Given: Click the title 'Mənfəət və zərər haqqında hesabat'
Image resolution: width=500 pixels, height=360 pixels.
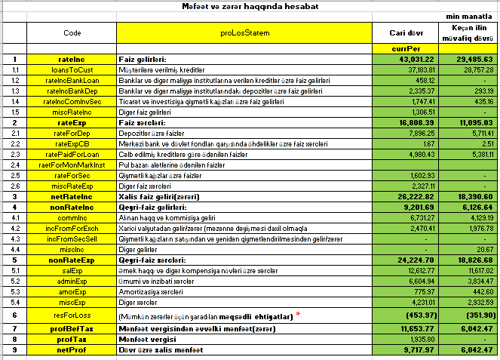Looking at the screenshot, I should point(250,6).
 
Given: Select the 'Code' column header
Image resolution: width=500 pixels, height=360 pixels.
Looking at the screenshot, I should point(72,33).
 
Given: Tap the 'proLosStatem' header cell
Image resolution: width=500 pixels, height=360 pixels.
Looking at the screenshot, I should point(244,33).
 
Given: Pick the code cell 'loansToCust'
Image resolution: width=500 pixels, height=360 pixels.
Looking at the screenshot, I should point(72,69).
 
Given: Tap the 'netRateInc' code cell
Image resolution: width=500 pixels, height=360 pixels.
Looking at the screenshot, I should point(72,195).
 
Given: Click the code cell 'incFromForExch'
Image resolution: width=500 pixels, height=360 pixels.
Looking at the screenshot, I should point(72,227).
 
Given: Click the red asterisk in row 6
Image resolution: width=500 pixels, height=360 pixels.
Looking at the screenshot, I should point(296,312).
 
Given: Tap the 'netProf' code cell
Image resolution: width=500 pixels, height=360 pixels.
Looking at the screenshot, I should point(72,350).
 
